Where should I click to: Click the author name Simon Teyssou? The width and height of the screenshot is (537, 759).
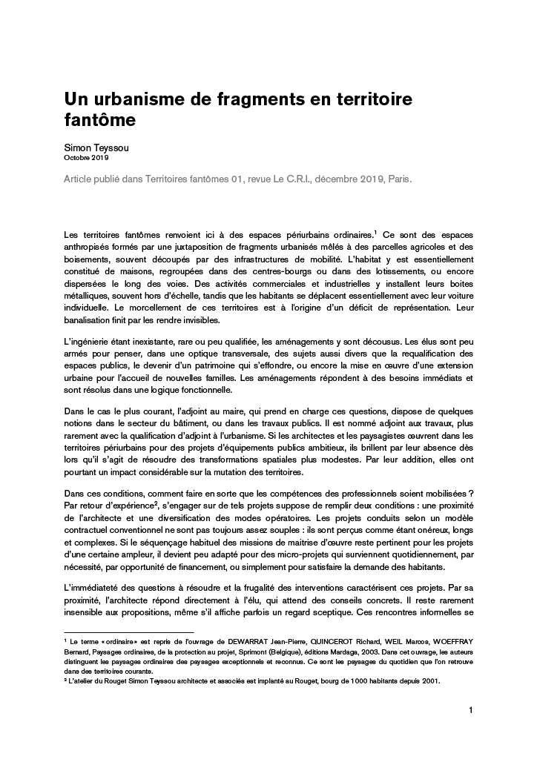tap(97, 148)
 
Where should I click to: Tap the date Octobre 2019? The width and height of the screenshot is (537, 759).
tap(85, 158)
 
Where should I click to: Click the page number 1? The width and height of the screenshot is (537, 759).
tap(471, 710)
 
